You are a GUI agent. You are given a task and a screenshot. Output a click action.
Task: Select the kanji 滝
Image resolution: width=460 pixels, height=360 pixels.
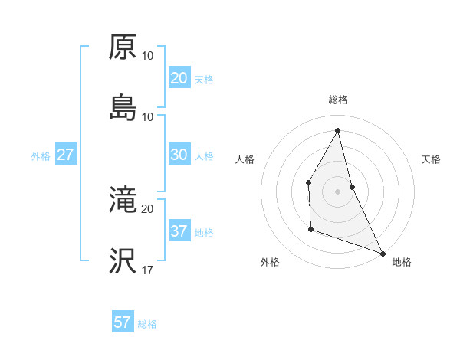point(123,200)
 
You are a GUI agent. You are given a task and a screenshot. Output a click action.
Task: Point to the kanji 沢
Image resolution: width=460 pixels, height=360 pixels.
point(123,261)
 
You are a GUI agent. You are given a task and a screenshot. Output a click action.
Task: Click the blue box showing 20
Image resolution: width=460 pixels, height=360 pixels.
point(179,78)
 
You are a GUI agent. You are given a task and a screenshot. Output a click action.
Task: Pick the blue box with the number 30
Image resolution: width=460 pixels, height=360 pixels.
point(179,155)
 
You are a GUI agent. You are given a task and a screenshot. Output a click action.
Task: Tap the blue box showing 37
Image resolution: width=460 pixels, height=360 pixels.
point(179,231)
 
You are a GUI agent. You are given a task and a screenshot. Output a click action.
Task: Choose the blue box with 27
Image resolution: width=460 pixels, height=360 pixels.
point(65,155)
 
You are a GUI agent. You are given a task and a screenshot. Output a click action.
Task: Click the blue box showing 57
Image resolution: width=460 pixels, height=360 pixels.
point(122,322)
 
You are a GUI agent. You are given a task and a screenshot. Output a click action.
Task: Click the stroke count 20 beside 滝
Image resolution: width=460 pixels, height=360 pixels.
point(147,208)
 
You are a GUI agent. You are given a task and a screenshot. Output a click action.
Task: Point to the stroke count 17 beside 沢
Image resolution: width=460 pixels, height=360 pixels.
point(147,270)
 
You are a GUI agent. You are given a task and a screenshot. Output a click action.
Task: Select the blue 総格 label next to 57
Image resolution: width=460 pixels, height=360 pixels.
point(147,324)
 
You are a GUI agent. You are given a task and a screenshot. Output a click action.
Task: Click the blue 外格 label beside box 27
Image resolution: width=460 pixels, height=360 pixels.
point(41,156)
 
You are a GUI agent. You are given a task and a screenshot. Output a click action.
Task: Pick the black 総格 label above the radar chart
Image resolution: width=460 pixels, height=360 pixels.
point(338,100)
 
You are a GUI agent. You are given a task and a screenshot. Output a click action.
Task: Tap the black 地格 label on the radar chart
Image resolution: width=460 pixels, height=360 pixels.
point(402,262)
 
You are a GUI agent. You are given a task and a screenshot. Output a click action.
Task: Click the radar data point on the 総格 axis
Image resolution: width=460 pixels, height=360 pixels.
point(338,130)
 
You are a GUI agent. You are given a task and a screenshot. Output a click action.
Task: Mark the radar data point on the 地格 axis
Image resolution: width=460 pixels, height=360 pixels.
point(383,253)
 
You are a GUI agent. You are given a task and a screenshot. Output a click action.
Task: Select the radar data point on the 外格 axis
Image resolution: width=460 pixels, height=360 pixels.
point(310,229)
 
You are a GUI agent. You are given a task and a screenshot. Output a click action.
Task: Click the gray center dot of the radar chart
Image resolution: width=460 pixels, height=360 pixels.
point(338,191)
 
